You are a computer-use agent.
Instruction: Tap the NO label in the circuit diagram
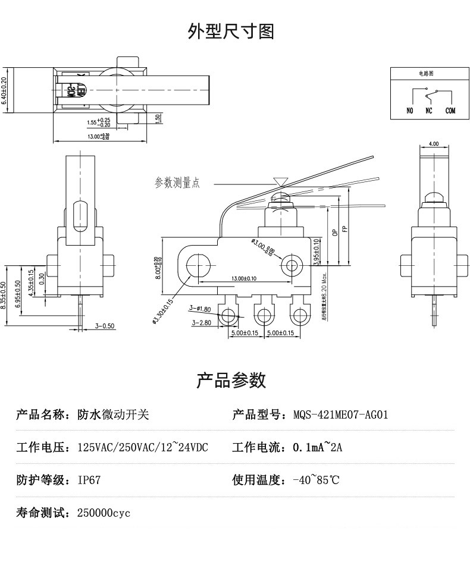tap(409, 111)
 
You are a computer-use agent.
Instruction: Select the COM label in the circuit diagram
tap(450, 111)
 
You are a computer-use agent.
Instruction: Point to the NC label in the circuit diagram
tap(428, 111)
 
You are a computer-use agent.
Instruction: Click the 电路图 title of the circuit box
tap(426, 73)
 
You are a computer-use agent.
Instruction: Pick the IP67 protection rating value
tap(89, 480)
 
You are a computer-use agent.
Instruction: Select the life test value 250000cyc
tap(104, 513)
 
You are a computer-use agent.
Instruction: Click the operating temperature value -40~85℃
tap(316, 480)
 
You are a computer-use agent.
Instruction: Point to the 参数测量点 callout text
tap(177, 183)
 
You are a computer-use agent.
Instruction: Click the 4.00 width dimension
tap(433, 144)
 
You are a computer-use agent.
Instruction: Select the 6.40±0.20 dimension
tap(5, 91)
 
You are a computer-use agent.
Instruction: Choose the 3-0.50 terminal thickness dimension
tap(105, 326)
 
